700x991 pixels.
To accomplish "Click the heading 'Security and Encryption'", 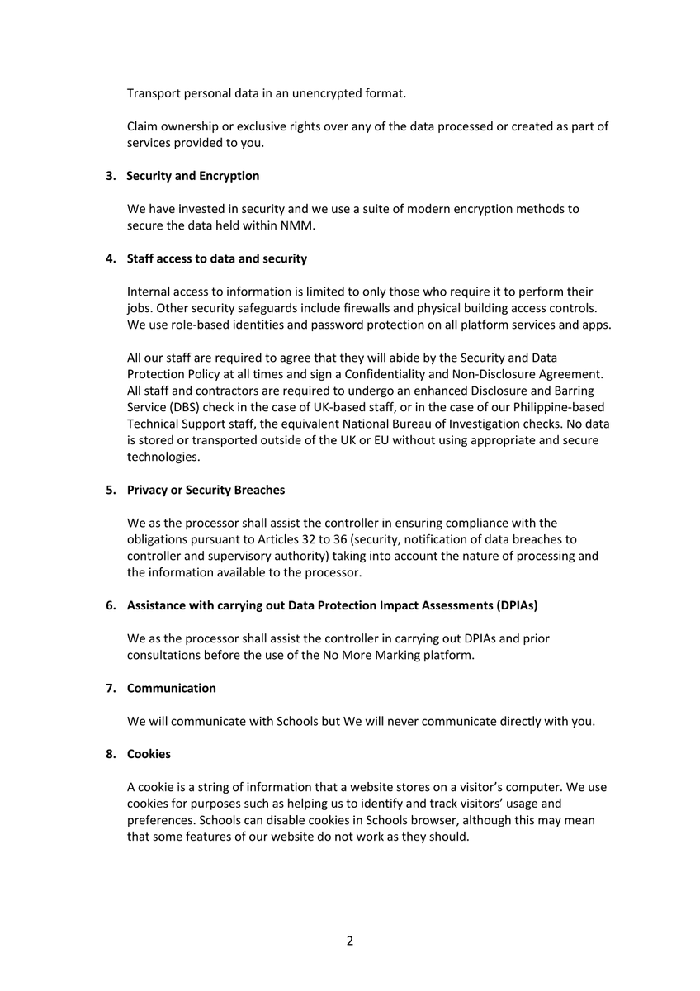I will (192, 176).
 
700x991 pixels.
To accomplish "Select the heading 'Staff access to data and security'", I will (216, 258).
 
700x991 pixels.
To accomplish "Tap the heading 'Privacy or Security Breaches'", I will (206, 490).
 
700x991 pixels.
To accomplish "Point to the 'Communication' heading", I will (171, 688).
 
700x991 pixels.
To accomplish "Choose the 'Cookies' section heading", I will (149, 754).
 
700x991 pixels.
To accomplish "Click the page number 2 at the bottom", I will (350, 941).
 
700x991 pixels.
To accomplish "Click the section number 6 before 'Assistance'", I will (110, 605).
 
